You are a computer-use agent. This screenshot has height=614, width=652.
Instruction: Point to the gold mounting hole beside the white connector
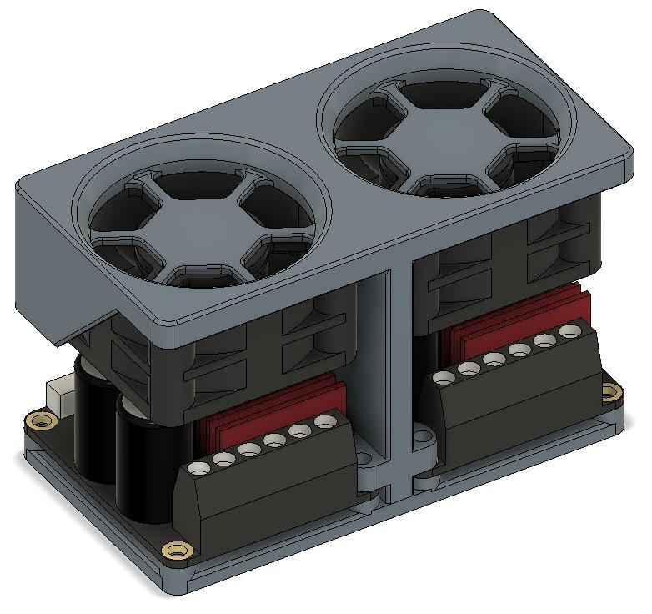pos(38,420)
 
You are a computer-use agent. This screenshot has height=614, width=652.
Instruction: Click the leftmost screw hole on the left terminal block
pos(198,469)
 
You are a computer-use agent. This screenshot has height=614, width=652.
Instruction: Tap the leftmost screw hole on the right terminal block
pos(444,377)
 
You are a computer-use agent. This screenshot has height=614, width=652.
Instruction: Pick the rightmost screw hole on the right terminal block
pos(570,331)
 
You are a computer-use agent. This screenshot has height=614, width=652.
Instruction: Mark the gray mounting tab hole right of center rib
pos(424,435)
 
